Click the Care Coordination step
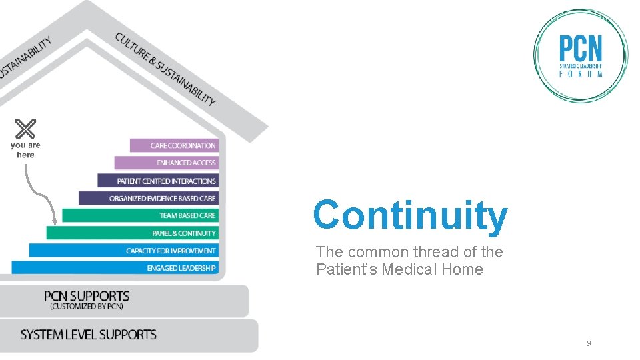[175, 145]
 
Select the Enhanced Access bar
[167, 163]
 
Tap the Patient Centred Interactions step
[158, 181]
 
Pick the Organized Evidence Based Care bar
[149, 198]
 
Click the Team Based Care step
[141, 215]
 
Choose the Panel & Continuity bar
[132, 233]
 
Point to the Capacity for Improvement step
[123, 251]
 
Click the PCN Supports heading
[87, 295]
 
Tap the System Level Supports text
[89, 335]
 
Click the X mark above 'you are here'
[25, 129]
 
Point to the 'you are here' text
[25, 149]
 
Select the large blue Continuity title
[410, 215]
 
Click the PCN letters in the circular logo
[580, 49]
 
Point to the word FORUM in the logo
[581, 74]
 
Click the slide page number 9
[589, 343]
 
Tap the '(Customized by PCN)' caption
[87, 307]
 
